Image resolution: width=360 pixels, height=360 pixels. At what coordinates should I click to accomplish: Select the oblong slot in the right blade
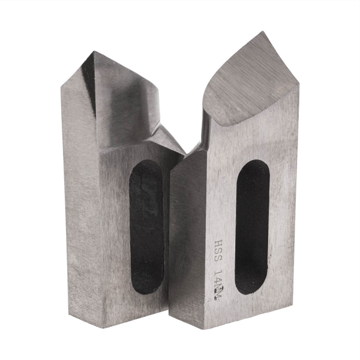point(252,227)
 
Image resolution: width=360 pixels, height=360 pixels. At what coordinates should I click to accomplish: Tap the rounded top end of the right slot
point(253,165)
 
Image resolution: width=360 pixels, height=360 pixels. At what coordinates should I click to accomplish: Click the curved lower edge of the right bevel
point(240,123)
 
